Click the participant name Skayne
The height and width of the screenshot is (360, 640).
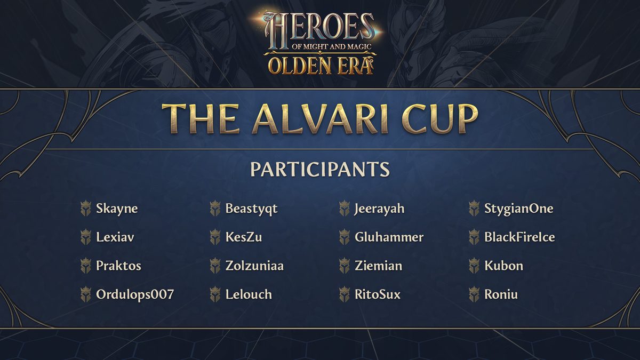(x=117, y=209)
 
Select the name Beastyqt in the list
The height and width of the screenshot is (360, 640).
(x=251, y=209)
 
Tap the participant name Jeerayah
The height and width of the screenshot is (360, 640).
(x=379, y=209)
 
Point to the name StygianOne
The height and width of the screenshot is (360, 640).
(x=519, y=209)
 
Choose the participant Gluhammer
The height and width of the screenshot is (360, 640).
(x=389, y=237)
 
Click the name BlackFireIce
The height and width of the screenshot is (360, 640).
(x=519, y=237)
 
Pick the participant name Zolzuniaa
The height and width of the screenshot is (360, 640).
(x=254, y=266)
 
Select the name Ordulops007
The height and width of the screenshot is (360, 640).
(x=135, y=294)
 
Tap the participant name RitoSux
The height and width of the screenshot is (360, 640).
(x=378, y=294)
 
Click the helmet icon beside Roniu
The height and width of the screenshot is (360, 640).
(x=474, y=294)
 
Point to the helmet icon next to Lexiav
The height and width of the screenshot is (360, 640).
(x=86, y=237)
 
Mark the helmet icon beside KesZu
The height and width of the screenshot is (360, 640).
(x=215, y=237)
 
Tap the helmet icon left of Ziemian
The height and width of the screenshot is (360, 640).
(x=345, y=266)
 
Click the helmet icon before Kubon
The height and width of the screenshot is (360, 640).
(x=474, y=266)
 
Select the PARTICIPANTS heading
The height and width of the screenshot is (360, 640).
(x=320, y=169)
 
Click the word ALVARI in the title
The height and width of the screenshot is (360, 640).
(x=320, y=119)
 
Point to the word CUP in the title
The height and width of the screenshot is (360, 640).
(x=440, y=119)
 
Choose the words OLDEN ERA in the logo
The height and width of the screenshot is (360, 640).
(x=321, y=66)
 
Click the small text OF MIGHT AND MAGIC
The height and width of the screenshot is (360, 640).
(x=331, y=46)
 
